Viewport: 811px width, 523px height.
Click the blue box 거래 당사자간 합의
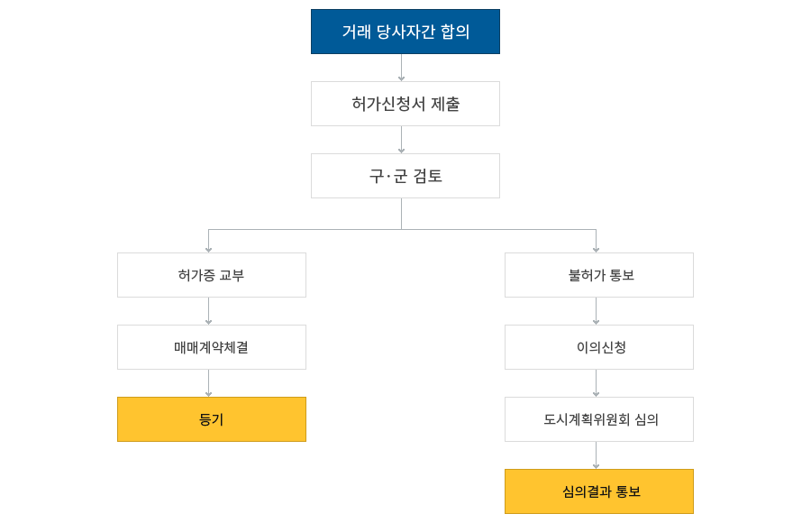pos(405,32)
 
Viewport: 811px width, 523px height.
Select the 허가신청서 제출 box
pos(405,104)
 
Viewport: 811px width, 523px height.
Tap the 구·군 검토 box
pos(405,176)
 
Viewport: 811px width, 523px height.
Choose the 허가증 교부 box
pos(212,275)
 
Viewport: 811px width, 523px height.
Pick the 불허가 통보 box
pos(599,275)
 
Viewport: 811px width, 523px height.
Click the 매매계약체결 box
pos(212,347)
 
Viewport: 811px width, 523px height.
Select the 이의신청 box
pos(599,347)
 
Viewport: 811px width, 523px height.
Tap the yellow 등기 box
pos(212,419)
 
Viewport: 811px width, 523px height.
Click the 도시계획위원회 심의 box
pos(599,419)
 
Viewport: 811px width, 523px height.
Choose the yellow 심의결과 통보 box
pos(599,491)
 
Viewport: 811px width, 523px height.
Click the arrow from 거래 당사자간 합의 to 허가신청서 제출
pos(401,68)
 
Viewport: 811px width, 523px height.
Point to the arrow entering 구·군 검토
pos(401,139)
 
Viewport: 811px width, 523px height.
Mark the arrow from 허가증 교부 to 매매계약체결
pos(208,311)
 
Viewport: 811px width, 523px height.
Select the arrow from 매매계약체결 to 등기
pos(208,383)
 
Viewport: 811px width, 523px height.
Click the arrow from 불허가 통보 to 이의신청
pos(596,311)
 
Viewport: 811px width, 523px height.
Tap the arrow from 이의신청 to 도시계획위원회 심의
pos(596,383)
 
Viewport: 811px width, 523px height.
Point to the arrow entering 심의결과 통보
pos(596,455)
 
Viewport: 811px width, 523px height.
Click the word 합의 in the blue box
pos(455,32)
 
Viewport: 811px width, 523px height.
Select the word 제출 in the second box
pos(445,104)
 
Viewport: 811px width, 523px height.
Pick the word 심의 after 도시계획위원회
pos(646,419)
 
